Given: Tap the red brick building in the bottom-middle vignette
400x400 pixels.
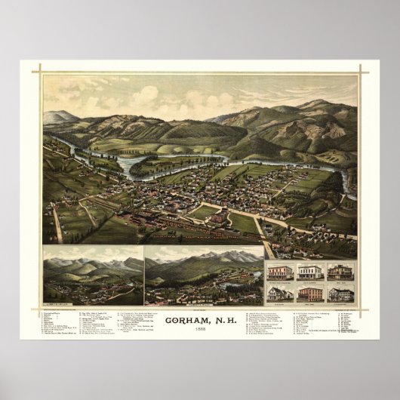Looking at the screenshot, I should coord(309,293).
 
